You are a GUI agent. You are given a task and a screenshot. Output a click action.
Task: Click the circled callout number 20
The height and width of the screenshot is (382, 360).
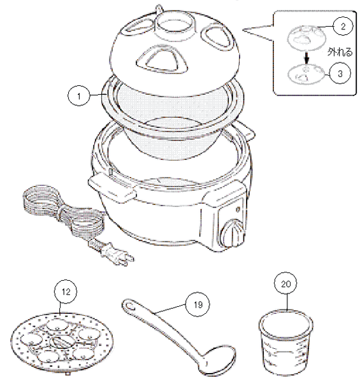pyautogui.click(x=285, y=285)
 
